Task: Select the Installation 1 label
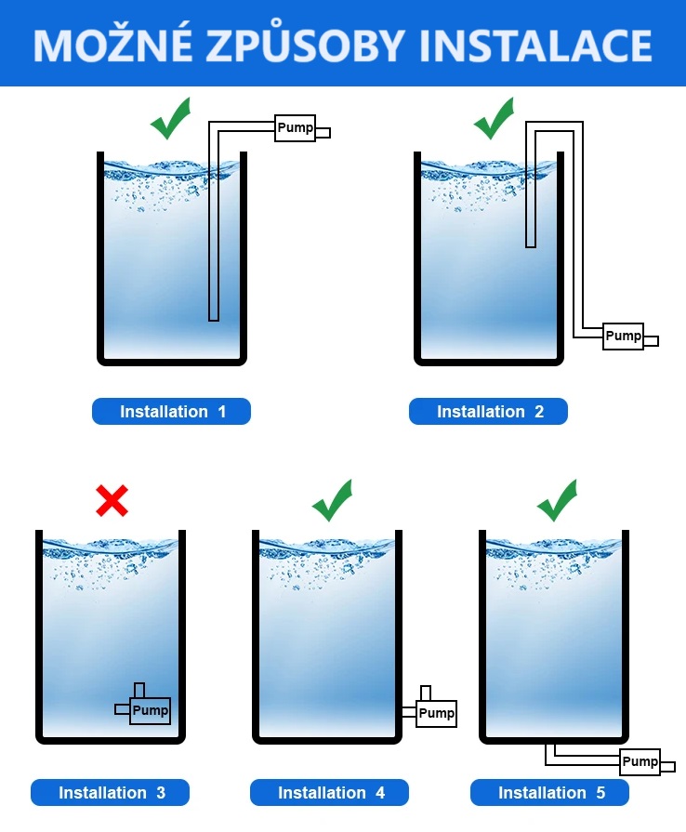(172, 412)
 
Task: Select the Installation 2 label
(489, 412)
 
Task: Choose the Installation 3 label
(111, 793)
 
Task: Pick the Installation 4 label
(330, 793)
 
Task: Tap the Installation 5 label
(550, 793)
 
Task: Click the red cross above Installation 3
(112, 501)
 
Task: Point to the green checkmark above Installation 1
(171, 120)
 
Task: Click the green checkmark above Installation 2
(494, 120)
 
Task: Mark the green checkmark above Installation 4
(332, 501)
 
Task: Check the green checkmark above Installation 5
(557, 501)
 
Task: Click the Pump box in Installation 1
(296, 128)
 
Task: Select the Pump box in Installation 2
(623, 336)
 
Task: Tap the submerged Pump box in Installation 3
(150, 711)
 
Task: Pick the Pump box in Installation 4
(436, 714)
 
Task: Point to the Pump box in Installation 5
(640, 762)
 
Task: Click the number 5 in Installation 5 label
(600, 793)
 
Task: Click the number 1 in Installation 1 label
(221, 412)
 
